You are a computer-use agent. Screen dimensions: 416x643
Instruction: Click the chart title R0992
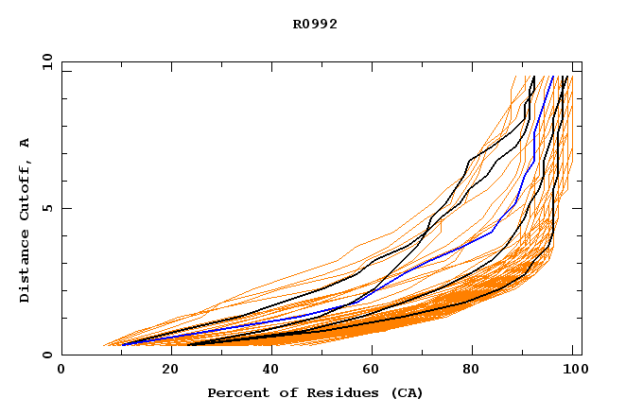[x=315, y=25]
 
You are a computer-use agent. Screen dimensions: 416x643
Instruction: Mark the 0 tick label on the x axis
[x=61, y=371]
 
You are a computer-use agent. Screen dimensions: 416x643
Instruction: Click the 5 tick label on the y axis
[x=46, y=208]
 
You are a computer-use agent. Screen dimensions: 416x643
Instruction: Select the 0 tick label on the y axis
[x=46, y=355]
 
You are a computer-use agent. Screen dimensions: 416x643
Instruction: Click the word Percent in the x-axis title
[x=237, y=392]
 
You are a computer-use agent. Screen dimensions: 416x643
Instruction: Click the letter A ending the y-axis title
[x=26, y=143]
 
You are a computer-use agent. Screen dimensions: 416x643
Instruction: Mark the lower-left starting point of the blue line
[x=122, y=345]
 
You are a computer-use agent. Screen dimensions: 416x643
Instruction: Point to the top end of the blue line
[x=552, y=77]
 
